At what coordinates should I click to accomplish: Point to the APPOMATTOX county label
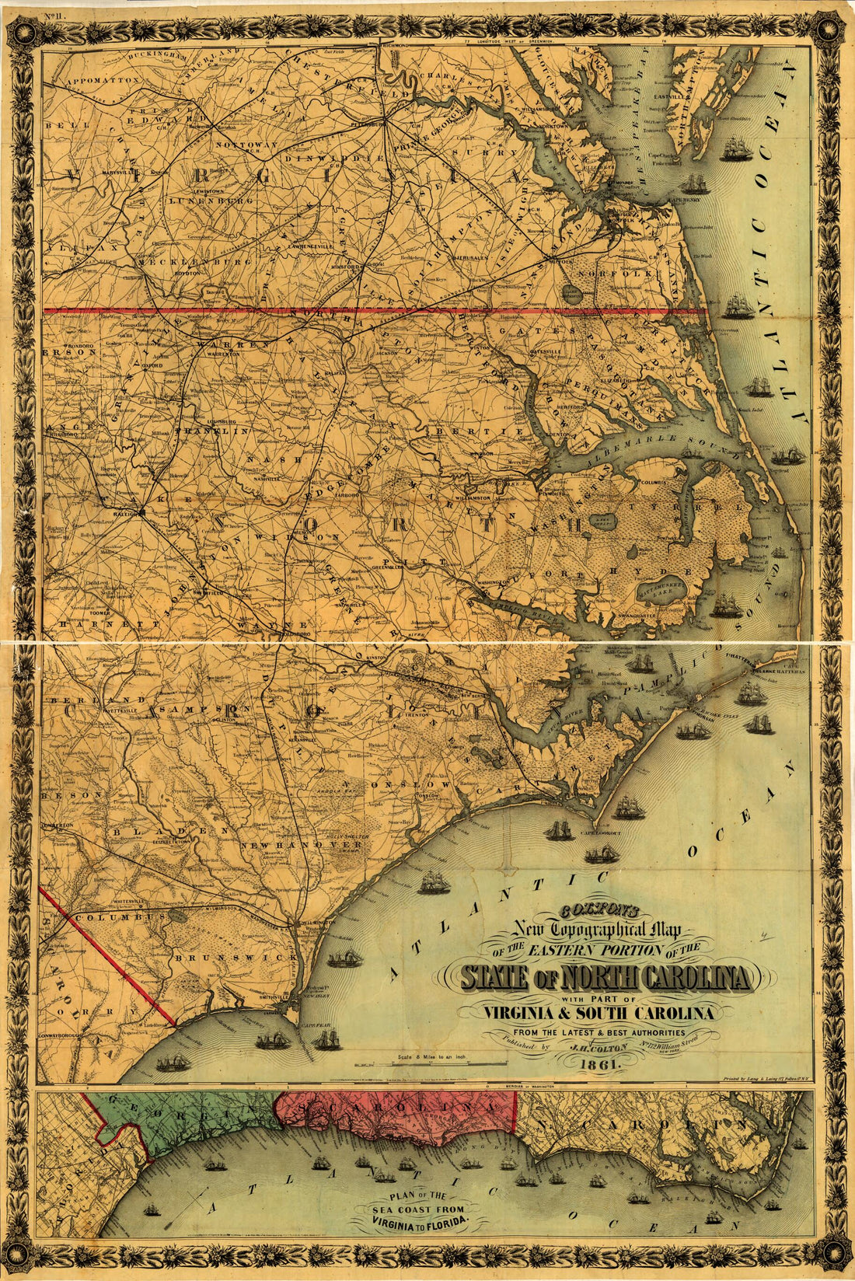[x=102, y=80]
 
